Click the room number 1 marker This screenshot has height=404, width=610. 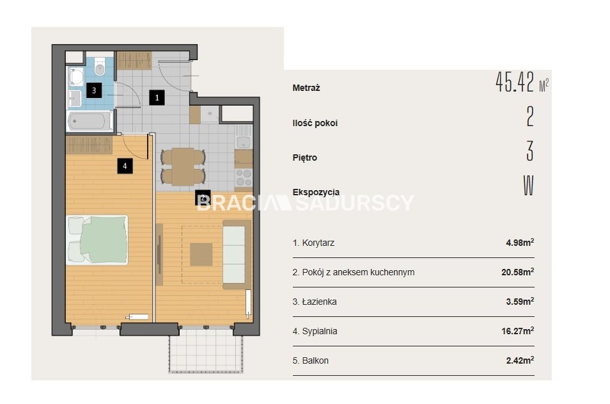157,97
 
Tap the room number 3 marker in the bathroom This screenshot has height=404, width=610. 94,90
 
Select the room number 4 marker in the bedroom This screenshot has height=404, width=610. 125,166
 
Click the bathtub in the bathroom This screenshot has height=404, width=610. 90,121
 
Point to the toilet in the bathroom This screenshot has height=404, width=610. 100,67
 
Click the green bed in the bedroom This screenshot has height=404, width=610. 97,240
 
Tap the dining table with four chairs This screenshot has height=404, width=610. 184,166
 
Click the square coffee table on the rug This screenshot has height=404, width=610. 201,254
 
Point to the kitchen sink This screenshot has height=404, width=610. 244,141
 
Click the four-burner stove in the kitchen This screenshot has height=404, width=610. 244,178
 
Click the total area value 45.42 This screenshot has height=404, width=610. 515,82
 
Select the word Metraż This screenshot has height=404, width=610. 306,88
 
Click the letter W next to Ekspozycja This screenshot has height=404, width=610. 528,186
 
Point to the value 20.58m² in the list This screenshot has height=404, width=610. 517,272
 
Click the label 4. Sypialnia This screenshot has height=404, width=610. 315,331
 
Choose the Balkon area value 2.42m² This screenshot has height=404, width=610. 520,360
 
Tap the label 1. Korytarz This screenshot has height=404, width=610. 313,243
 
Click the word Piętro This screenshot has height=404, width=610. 304,158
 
